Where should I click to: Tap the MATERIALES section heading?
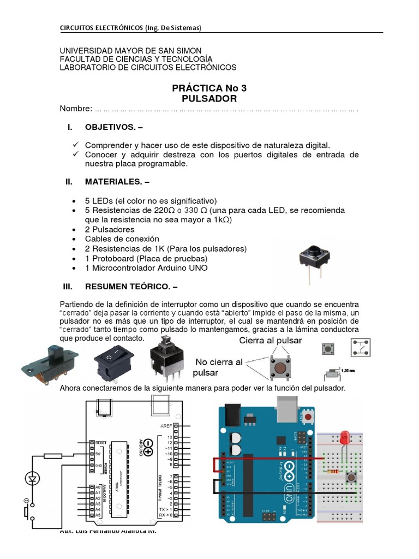coord(117,182)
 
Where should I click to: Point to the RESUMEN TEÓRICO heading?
coord(131,287)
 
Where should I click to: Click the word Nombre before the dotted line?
coord(75,109)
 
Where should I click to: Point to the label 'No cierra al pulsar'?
coord(219,367)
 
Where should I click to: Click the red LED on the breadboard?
coord(344,437)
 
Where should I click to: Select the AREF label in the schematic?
coord(166,425)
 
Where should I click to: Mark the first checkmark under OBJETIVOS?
coord(76,144)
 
